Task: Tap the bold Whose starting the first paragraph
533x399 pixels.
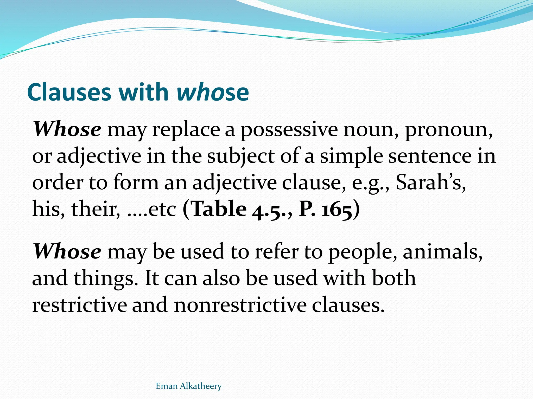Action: tap(67, 129)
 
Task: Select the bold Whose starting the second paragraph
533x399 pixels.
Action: tap(67, 251)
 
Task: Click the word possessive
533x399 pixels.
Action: tap(289, 130)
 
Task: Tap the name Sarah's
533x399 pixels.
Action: tap(431, 182)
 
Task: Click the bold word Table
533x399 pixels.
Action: tap(219, 209)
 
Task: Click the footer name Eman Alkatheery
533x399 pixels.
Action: tap(188, 386)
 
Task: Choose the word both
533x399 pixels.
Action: tap(394, 278)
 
